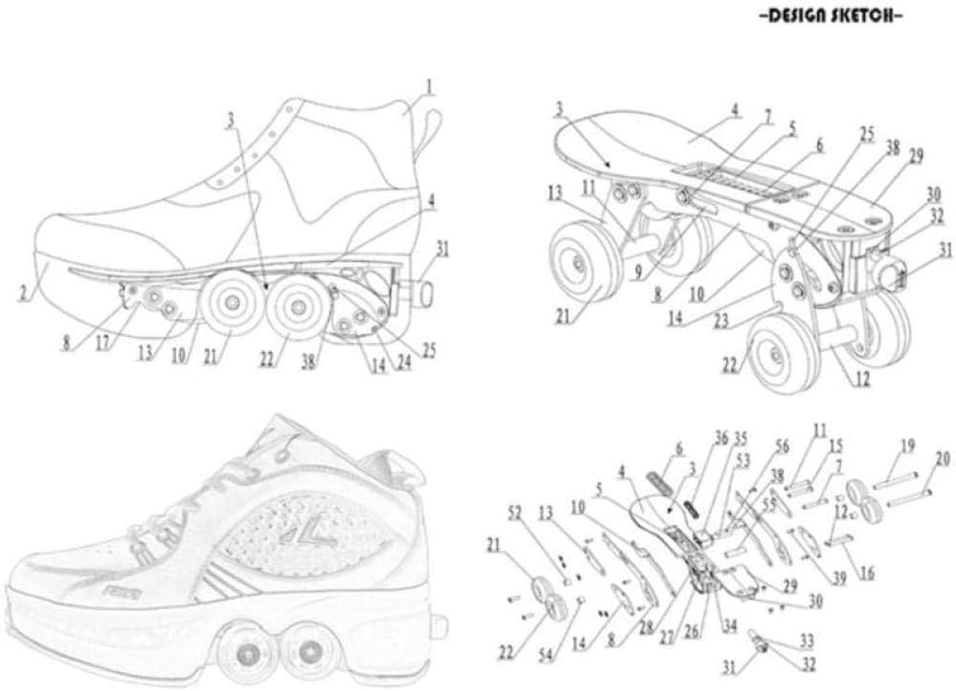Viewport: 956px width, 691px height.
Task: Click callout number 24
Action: point(403,362)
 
